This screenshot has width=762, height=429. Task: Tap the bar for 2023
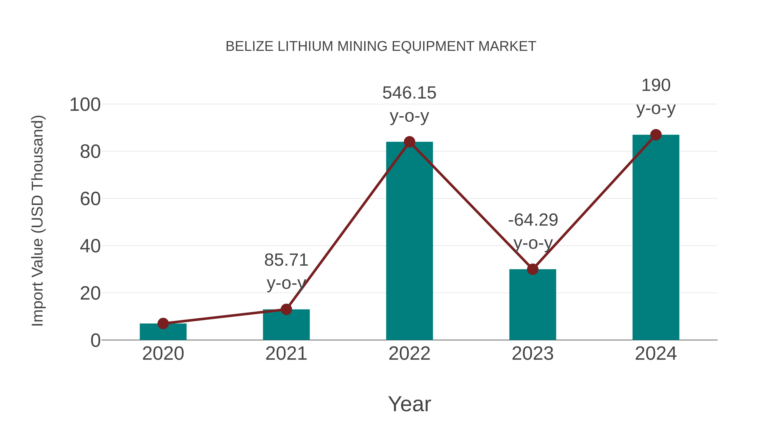(533, 305)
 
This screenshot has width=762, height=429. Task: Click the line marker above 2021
(286, 309)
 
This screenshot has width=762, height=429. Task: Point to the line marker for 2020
(163, 323)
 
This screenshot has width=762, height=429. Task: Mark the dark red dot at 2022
(409, 142)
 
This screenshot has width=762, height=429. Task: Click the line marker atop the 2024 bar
(656, 135)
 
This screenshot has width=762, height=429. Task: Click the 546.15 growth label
(409, 93)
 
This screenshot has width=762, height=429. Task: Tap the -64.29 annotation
(533, 220)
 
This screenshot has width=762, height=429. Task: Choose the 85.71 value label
(286, 260)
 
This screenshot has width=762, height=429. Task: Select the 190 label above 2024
(656, 86)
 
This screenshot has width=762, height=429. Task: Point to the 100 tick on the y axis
(85, 105)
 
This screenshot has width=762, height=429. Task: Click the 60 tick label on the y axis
(90, 199)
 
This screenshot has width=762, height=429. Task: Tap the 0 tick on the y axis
(95, 340)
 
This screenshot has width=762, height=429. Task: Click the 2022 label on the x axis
(409, 354)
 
